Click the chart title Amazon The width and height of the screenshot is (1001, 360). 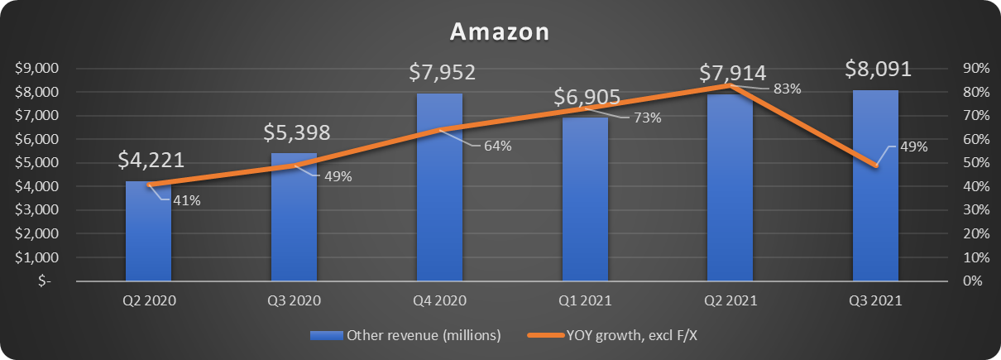(x=500, y=32)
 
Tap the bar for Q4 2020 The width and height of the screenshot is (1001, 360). (x=439, y=199)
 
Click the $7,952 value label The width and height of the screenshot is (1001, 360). (x=443, y=73)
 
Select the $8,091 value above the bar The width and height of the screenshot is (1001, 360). (x=878, y=69)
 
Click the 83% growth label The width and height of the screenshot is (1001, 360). (x=786, y=89)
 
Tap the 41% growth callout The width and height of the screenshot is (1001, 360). (x=187, y=199)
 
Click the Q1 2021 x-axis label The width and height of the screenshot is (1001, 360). (x=584, y=302)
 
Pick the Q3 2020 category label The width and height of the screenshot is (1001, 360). (x=293, y=302)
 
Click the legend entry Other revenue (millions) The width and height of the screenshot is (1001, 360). (x=405, y=335)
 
